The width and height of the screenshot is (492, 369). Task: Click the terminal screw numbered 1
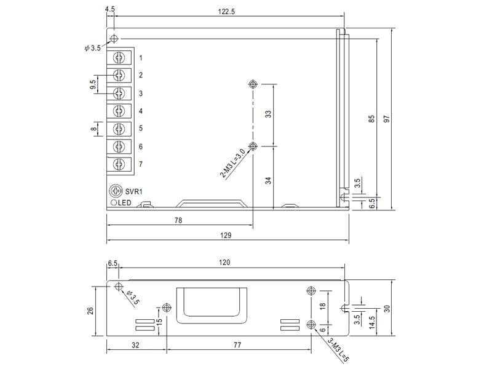click(119, 57)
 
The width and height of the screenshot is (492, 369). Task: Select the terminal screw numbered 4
click(119, 111)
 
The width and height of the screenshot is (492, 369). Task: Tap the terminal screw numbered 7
click(119, 164)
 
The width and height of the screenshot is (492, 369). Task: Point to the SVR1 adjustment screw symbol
click(116, 191)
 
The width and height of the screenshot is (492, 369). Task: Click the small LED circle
click(114, 203)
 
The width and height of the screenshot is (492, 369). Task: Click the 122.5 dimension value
click(226, 12)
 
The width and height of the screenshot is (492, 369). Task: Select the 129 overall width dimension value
click(226, 236)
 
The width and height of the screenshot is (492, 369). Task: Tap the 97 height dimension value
click(387, 119)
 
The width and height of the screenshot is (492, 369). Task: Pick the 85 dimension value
click(371, 119)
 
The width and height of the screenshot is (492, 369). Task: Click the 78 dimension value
click(178, 220)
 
